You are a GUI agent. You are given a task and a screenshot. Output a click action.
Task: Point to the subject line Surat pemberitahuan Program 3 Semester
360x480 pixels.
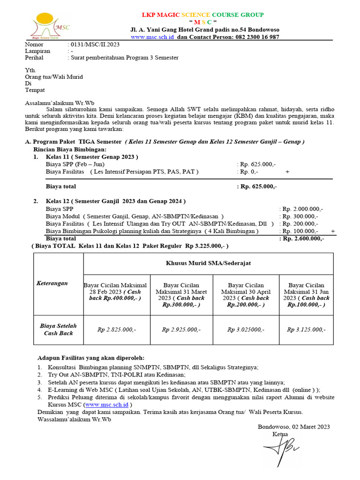(x=124, y=58)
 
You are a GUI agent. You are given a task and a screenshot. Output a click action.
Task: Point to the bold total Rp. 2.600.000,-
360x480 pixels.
(x=302, y=239)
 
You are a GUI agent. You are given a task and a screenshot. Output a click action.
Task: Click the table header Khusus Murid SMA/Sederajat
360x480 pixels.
(x=208, y=263)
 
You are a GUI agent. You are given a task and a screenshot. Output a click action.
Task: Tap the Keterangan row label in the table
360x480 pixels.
(x=52, y=283)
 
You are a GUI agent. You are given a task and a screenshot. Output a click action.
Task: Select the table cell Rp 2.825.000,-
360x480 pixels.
(x=117, y=330)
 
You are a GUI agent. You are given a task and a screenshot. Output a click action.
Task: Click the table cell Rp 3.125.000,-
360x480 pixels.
(x=306, y=330)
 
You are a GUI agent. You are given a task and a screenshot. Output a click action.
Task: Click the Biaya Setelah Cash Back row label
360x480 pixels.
(x=58, y=330)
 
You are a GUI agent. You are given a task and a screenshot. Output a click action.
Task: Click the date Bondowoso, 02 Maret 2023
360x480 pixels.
(x=294, y=426)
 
